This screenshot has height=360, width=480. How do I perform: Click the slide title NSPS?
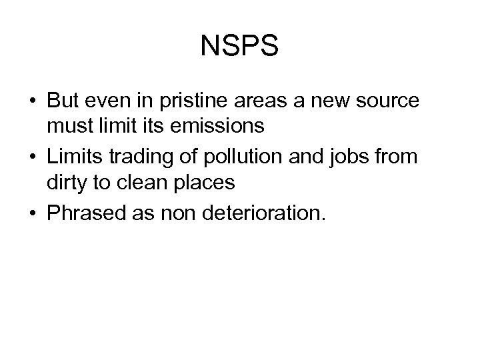point(240,47)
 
